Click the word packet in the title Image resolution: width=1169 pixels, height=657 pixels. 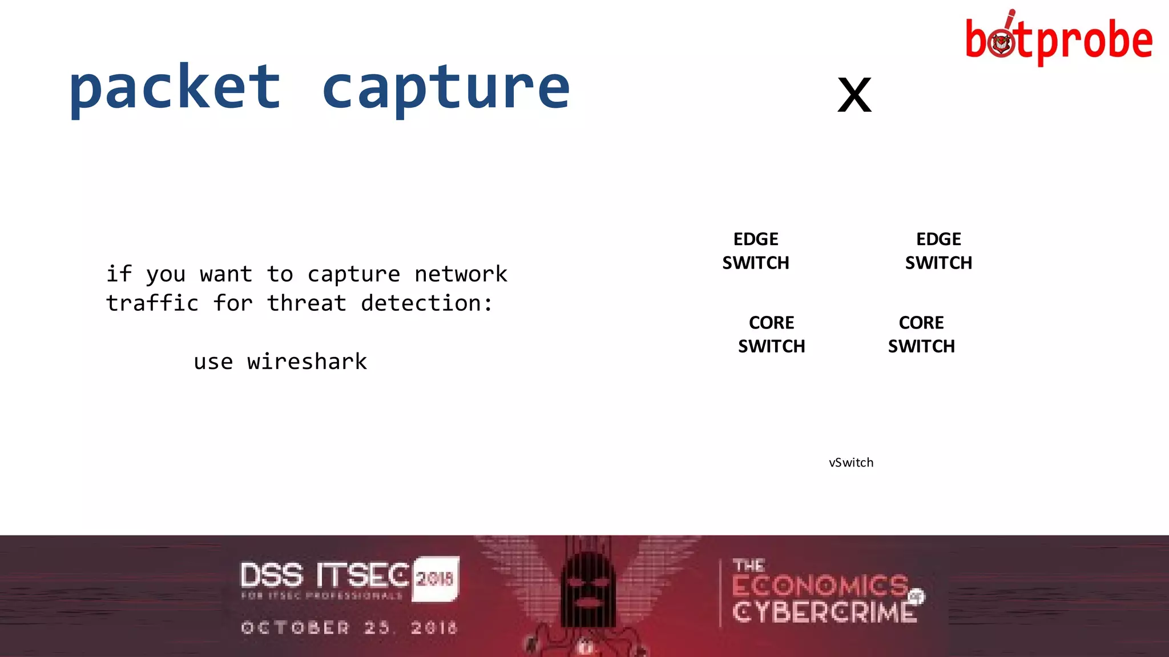point(175,88)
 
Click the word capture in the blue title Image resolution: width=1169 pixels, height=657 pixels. point(446,88)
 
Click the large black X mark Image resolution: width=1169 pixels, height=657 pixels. point(854,95)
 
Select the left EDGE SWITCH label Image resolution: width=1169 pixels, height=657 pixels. point(756,251)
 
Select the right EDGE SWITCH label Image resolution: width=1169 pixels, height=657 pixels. point(938,251)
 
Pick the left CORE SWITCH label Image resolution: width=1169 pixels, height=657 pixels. point(771,334)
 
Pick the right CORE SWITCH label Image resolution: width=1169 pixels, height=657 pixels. point(921,334)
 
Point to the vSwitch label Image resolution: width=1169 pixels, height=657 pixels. point(851,463)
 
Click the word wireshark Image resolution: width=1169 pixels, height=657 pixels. point(307,362)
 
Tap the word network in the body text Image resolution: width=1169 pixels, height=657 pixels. point(461,274)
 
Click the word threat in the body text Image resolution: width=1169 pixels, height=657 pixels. point(307,303)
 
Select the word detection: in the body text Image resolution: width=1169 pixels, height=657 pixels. point(426,303)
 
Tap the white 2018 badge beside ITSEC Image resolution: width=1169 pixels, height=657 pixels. point(435,578)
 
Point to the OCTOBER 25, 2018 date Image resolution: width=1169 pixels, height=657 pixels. point(349,628)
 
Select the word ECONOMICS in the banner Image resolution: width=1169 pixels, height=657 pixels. point(820,586)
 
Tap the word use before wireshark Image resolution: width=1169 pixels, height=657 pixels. point(213,362)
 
